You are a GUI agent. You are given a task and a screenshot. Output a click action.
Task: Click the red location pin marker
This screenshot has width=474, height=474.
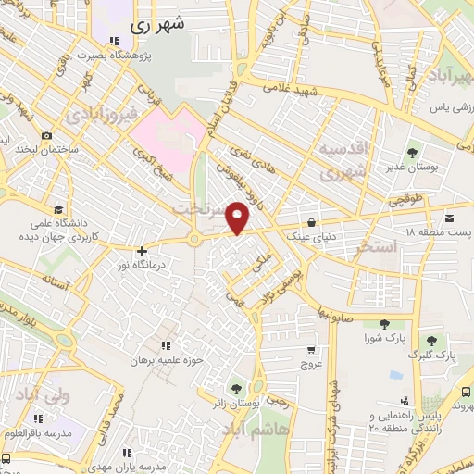[239, 217]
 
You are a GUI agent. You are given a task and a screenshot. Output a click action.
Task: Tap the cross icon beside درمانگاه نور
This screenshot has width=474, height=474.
[142, 251]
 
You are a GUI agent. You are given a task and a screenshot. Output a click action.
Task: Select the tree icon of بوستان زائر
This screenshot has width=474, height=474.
[237, 388]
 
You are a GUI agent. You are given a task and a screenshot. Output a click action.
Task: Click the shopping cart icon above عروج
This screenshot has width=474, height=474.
[310, 350]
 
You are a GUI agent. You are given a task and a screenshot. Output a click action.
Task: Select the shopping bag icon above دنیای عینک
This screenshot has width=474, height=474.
[311, 222]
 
